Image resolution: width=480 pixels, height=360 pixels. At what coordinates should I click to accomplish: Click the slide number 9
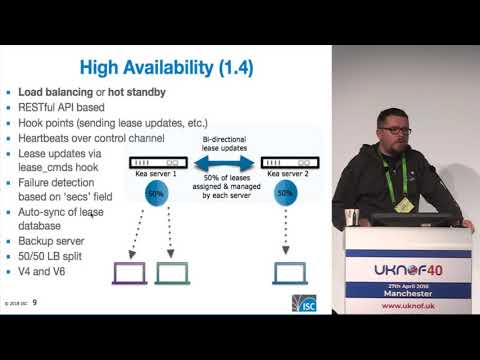click(36, 302)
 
